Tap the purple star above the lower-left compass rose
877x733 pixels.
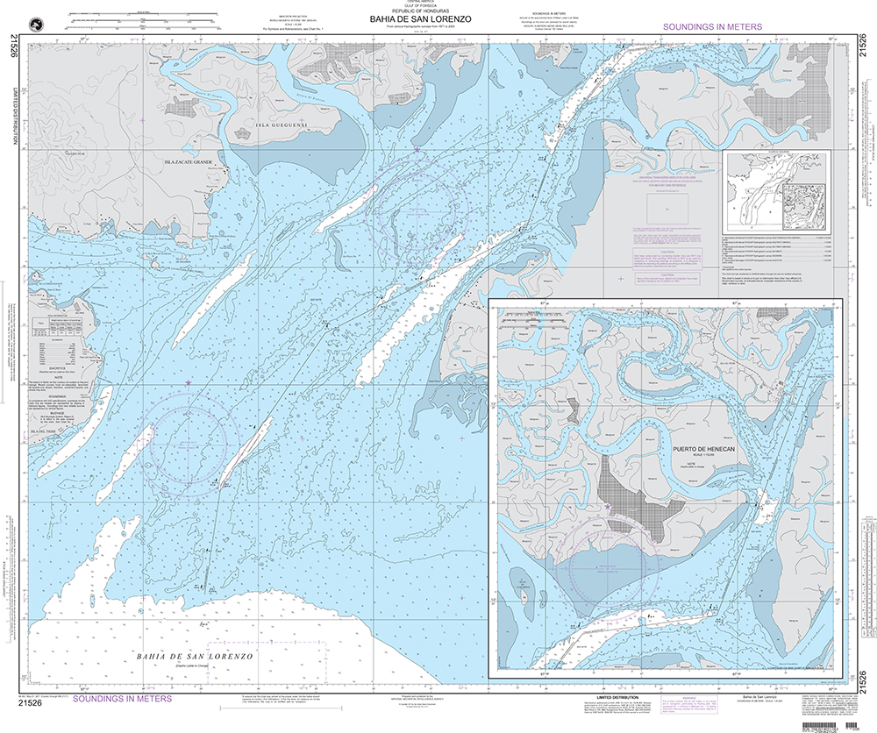[188, 383]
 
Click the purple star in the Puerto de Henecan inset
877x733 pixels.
[608, 507]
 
